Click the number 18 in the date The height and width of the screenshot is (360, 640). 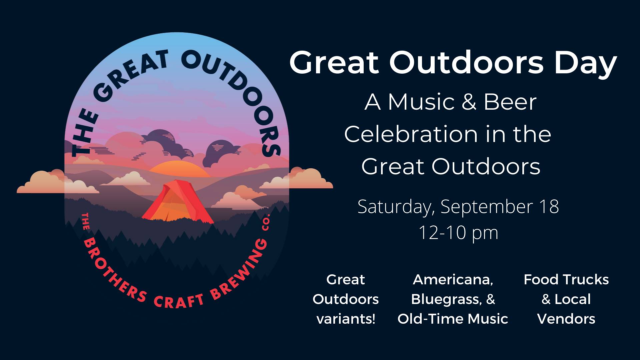(548, 206)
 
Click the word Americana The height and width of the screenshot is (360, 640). (453, 280)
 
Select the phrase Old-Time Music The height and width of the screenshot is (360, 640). (453, 319)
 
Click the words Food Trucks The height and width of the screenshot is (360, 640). (566, 280)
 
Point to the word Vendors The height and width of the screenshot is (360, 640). (566, 319)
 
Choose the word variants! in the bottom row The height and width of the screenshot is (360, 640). (346, 319)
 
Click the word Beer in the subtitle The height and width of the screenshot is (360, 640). (510, 102)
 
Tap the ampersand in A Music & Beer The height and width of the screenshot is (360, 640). (469, 102)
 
